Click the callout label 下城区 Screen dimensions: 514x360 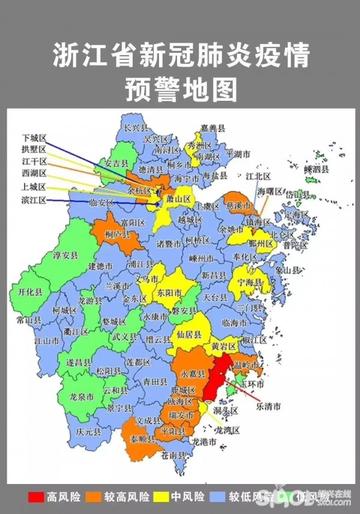[34, 136]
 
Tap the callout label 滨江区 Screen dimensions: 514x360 [34, 200]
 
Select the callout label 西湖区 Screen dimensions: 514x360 [34, 174]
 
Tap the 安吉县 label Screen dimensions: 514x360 [117, 162]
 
